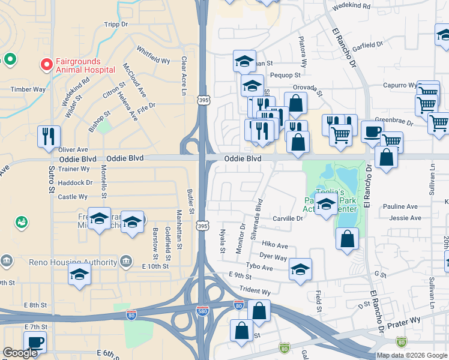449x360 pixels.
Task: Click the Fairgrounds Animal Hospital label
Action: coord(85,65)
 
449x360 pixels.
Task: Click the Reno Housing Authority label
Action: coord(73,262)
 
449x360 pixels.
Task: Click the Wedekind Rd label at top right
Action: coord(349,4)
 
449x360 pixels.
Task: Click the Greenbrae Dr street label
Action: coord(394,122)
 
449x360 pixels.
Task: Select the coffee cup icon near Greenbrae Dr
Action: coord(372,131)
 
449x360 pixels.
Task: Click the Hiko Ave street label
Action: coord(275,245)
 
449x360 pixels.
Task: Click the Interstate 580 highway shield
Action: coord(203,310)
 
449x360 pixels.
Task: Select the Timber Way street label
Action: coord(28,89)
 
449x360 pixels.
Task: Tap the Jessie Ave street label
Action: coord(403,206)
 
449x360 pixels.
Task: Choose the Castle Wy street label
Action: coord(73,196)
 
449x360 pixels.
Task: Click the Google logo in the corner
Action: coord(20,352)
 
